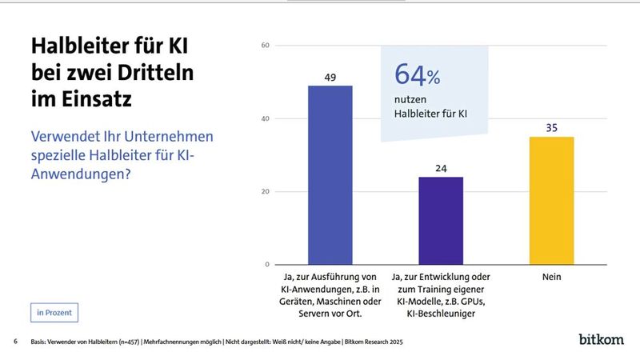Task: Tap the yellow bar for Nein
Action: [x=552, y=200]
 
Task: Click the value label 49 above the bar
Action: [x=330, y=77]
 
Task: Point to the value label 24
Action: [x=441, y=168]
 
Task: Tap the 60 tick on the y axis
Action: [x=265, y=46]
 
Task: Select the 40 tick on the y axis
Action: [x=265, y=118]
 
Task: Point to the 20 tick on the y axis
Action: [x=265, y=192]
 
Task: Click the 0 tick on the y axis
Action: [x=267, y=265]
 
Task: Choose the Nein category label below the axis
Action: [x=552, y=277]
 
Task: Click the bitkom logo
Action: [x=602, y=340]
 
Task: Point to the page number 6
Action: [x=15, y=342]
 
